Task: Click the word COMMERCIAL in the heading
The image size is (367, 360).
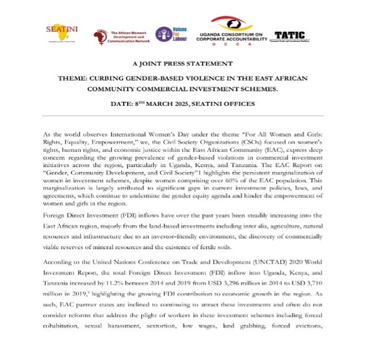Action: (198, 89)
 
